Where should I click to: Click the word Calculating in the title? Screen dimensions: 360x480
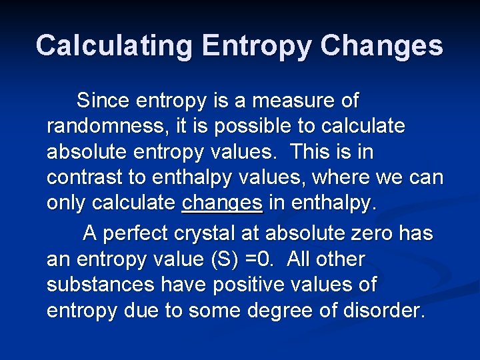tap(113, 46)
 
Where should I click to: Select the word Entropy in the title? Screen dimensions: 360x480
tap(257, 46)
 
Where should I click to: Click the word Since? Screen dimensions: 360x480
tap(103, 101)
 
